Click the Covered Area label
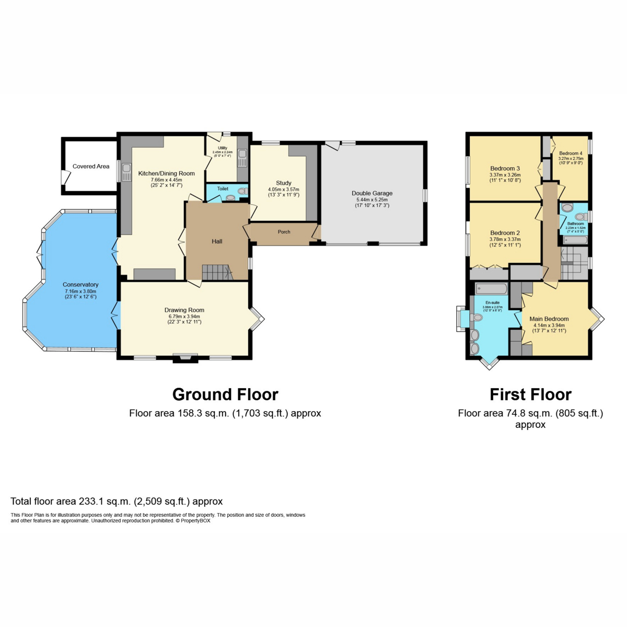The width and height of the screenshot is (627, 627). click(x=91, y=166)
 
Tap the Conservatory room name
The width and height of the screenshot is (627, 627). click(x=80, y=285)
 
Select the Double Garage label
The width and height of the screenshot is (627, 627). click(x=372, y=193)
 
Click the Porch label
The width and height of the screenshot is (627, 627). click(x=284, y=232)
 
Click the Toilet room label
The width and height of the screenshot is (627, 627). click(x=223, y=189)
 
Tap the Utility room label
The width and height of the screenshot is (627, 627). click(x=223, y=148)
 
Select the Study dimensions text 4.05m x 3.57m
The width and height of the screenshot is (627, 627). click(x=284, y=189)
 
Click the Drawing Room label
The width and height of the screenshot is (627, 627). click(x=184, y=310)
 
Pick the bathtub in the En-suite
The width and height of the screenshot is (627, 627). click(x=491, y=288)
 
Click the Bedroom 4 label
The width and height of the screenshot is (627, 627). click(x=571, y=154)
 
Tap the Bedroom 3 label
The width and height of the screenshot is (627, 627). click(x=505, y=169)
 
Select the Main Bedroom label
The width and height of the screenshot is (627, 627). click(x=549, y=319)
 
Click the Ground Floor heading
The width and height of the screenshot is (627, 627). click(x=225, y=394)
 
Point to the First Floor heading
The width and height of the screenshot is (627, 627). click(x=530, y=394)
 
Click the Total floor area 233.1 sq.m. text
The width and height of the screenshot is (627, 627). click(x=117, y=502)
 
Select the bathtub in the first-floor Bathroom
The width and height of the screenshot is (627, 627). click(x=575, y=240)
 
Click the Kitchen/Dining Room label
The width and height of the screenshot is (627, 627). click(x=166, y=173)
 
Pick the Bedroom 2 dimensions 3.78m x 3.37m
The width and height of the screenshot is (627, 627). click(x=505, y=239)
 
